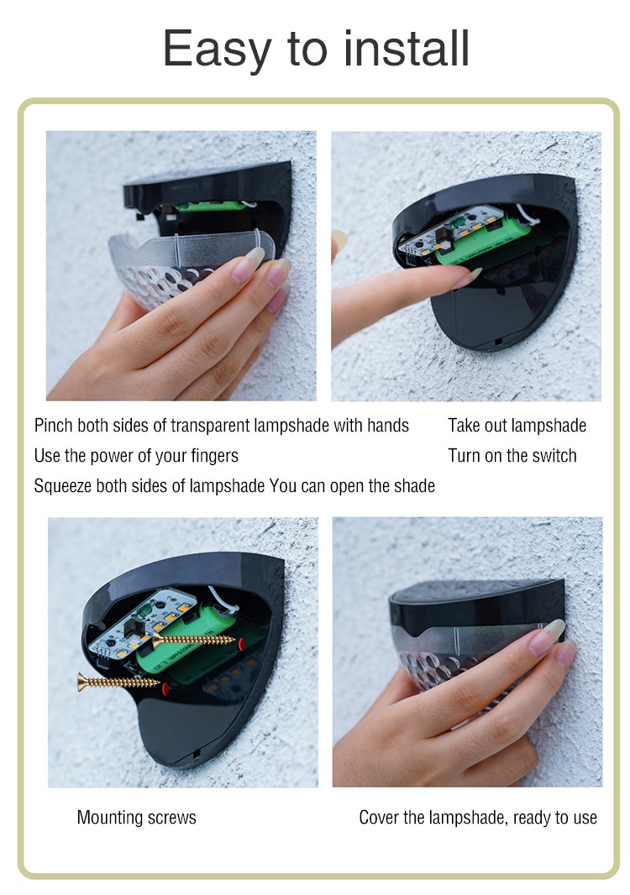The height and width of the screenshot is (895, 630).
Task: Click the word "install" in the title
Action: point(407,48)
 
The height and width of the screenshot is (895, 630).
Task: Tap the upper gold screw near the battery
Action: point(193,640)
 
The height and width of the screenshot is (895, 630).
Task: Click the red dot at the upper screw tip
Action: point(242,645)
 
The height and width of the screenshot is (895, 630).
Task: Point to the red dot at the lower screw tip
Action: point(166,688)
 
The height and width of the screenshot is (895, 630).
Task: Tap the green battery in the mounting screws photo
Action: point(188,645)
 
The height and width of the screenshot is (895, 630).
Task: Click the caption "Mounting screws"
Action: point(137,818)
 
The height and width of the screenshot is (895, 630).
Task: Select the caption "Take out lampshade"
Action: point(517,425)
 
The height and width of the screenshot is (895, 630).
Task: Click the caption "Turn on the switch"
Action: point(512,456)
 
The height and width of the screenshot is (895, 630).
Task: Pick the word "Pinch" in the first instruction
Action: point(54,425)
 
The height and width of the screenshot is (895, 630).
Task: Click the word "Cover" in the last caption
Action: point(378,818)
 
